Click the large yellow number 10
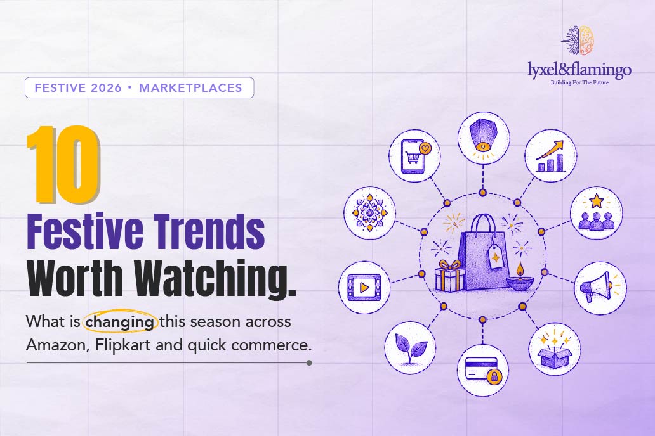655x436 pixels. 63,165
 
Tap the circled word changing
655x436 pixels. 120,323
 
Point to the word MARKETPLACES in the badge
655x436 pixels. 190,87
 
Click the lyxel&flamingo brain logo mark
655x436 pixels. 579,40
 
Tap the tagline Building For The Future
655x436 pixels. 579,82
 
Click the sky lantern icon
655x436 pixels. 483,138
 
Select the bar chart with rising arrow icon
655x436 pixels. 550,156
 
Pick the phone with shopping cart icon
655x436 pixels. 414,155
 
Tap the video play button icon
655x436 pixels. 364,288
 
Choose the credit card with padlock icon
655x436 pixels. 482,371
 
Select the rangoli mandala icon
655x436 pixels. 369,213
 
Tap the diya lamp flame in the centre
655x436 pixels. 520,268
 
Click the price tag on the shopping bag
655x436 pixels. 496,255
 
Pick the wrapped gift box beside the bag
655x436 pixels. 450,276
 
